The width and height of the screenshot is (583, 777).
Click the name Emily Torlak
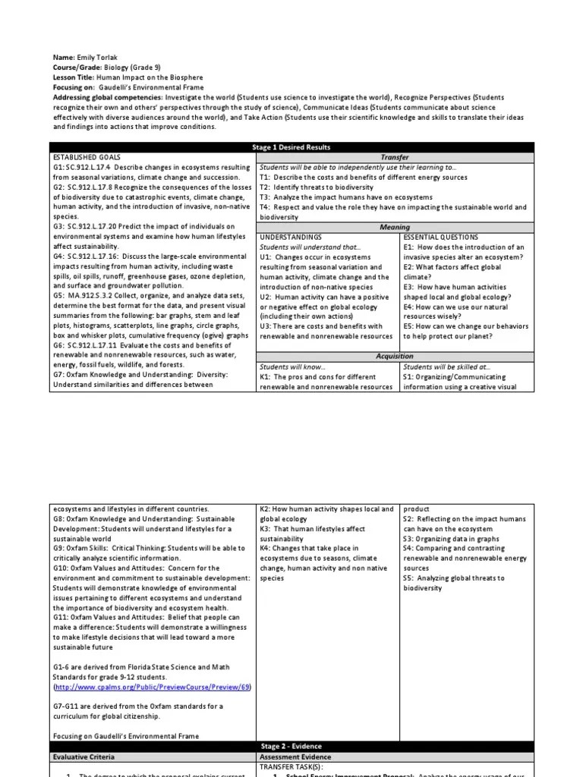point(93,58)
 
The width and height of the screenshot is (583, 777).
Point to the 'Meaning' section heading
point(395,227)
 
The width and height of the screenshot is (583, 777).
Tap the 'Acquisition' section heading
point(395,356)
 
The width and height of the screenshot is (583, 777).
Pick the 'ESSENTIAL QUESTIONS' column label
point(441,237)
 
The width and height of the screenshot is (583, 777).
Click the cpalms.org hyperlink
point(152,687)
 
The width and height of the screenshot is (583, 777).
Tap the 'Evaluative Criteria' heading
point(84,757)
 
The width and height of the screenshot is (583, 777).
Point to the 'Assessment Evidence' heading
point(295,757)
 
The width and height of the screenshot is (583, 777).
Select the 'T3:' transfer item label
point(265,197)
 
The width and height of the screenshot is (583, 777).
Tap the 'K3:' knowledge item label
point(266,529)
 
